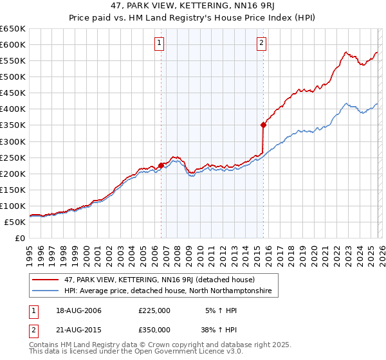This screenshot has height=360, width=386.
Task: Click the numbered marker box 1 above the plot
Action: coord(159,44)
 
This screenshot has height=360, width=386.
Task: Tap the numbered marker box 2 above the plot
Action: coord(262,44)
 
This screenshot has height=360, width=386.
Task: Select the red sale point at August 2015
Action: coord(263,125)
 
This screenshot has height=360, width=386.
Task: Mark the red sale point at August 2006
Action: coord(161,165)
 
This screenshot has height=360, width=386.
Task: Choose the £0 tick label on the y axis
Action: coord(19,238)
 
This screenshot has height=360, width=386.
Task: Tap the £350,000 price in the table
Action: coord(154,330)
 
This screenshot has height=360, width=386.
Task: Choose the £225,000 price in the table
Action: coord(154,310)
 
